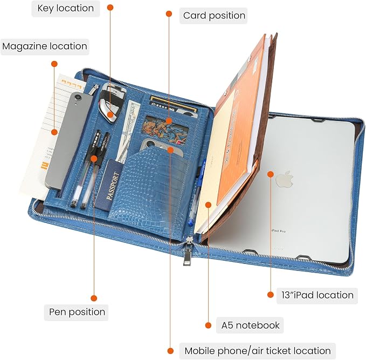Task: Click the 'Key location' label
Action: (x=66, y=9)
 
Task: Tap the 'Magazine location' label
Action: (x=45, y=46)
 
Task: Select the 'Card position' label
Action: (x=214, y=16)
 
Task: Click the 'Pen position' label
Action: (x=77, y=312)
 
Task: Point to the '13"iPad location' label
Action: (x=317, y=295)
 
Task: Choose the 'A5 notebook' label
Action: (x=250, y=325)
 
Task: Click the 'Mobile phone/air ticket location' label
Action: (x=258, y=351)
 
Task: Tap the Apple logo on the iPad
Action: (x=284, y=179)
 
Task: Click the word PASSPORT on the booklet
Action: (x=112, y=186)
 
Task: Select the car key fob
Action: (x=111, y=103)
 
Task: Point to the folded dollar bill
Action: (x=128, y=131)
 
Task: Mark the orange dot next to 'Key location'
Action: (x=110, y=8)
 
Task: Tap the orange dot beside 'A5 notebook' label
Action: (x=208, y=325)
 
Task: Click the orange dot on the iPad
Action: (x=271, y=174)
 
